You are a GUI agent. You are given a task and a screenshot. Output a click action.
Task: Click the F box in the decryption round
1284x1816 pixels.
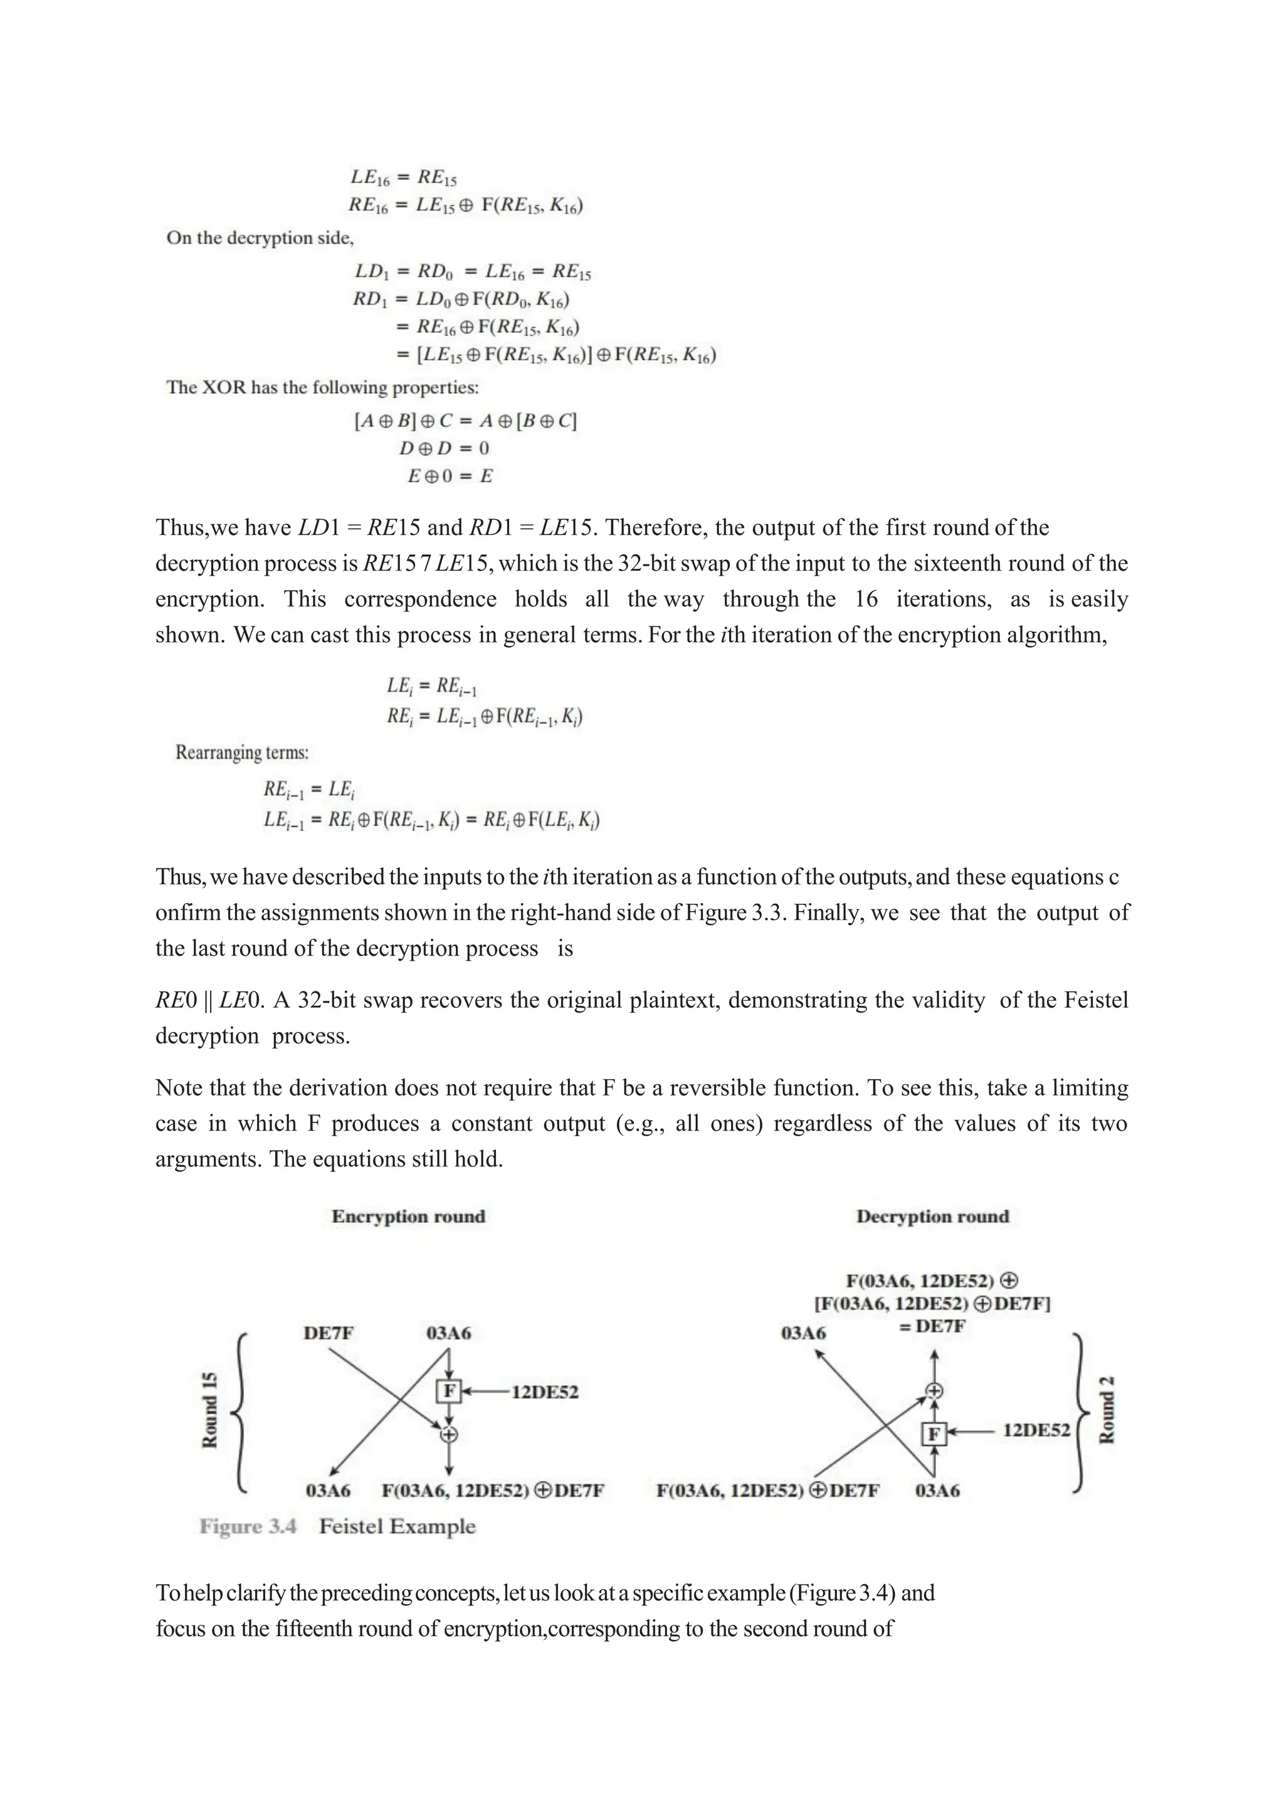click(934, 1433)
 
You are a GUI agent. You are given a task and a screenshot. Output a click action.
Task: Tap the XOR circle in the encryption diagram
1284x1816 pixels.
click(449, 1434)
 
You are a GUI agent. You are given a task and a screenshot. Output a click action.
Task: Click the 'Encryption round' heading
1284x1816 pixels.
click(408, 1217)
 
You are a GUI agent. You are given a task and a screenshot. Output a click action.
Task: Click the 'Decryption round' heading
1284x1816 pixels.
click(932, 1217)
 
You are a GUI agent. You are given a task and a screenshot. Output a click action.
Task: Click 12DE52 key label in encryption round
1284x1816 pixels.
click(545, 1391)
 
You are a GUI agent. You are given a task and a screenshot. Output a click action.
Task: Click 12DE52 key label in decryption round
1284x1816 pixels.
click(1036, 1430)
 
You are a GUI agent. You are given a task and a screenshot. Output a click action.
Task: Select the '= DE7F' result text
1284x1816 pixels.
click(932, 1326)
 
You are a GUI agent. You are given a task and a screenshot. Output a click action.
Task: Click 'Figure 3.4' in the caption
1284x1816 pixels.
click(248, 1526)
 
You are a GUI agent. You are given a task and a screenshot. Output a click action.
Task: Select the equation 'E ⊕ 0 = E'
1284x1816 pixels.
click(450, 476)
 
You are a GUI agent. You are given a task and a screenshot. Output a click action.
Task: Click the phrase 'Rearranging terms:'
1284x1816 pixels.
click(241, 752)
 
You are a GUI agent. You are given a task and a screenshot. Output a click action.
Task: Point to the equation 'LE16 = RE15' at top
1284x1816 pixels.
click(403, 178)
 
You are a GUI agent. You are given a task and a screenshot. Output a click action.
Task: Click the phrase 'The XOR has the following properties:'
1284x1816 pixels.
click(322, 388)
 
